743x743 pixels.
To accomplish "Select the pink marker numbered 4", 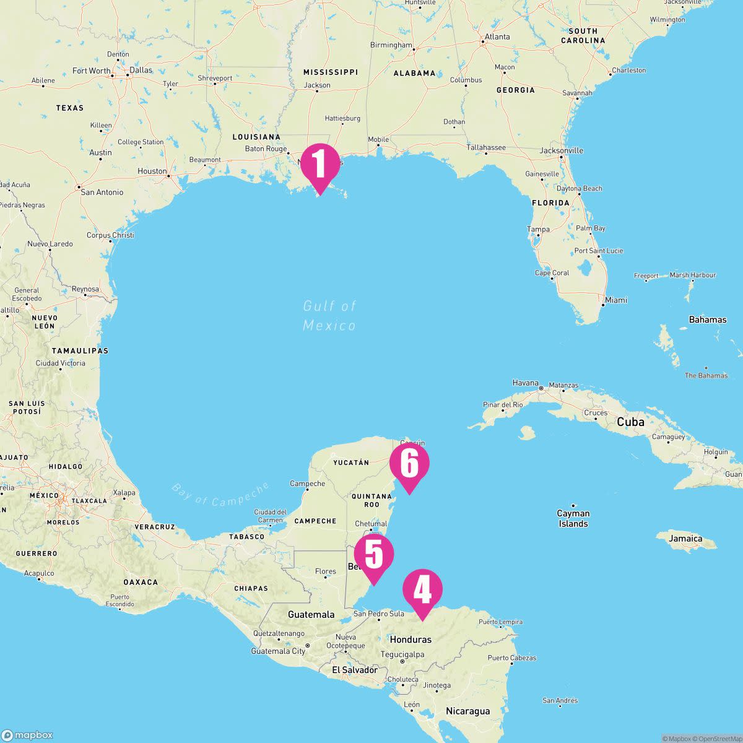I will (x=422, y=591).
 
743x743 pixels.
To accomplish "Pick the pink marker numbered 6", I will (x=409, y=465).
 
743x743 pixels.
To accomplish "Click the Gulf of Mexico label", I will (x=329, y=316).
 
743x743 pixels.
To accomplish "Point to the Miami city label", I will (x=616, y=300).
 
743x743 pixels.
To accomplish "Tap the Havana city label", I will (x=526, y=383).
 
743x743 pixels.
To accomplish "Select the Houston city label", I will (x=152, y=172).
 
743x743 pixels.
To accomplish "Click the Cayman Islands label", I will (x=573, y=518).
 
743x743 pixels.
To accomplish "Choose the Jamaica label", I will (x=685, y=539).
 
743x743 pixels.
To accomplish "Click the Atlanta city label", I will (x=497, y=37).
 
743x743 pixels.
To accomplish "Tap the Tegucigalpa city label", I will (x=402, y=654).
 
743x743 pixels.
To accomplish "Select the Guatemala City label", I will (x=278, y=651).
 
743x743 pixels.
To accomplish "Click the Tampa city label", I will (x=538, y=229).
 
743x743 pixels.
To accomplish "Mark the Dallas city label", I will (x=141, y=70).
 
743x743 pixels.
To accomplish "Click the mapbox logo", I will (x=28, y=735).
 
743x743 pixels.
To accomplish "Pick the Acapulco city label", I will (x=40, y=573).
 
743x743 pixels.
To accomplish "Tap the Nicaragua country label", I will (x=467, y=711).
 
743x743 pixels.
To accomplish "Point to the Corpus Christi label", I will (x=110, y=235).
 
